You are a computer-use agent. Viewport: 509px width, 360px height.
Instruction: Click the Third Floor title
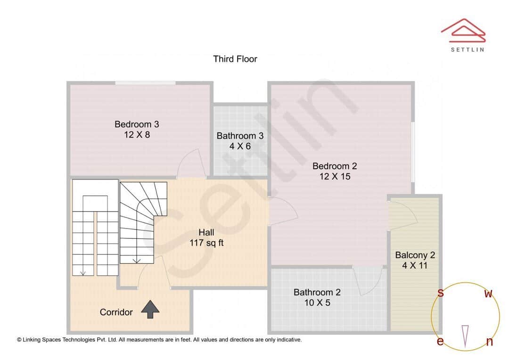[235, 59]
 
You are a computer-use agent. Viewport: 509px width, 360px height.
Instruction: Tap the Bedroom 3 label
[137, 124]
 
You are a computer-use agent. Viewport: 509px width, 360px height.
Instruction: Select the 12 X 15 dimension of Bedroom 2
[335, 177]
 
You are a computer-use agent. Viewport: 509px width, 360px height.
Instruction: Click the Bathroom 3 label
[240, 136]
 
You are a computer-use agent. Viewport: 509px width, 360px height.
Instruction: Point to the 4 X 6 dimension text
[240, 147]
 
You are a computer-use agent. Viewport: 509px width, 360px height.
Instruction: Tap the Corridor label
[116, 312]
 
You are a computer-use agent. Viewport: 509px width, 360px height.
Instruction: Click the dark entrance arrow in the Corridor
[150, 309]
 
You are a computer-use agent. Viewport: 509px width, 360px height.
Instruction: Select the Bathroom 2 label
[317, 292]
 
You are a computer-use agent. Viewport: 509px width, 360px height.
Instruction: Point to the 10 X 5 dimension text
[317, 303]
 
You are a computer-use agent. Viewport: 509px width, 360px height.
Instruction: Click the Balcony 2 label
[415, 255]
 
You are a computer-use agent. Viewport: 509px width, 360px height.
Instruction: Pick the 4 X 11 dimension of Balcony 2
[415, 266]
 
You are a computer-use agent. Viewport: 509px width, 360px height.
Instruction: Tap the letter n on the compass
[489, 342]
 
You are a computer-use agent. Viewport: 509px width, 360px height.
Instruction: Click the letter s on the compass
[441, 293]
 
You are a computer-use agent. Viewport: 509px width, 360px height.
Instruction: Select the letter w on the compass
[489, 294]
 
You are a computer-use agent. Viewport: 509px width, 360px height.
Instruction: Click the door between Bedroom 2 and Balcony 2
[402, 214]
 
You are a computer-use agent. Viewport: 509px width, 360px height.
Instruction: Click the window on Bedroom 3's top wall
[146, 84]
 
